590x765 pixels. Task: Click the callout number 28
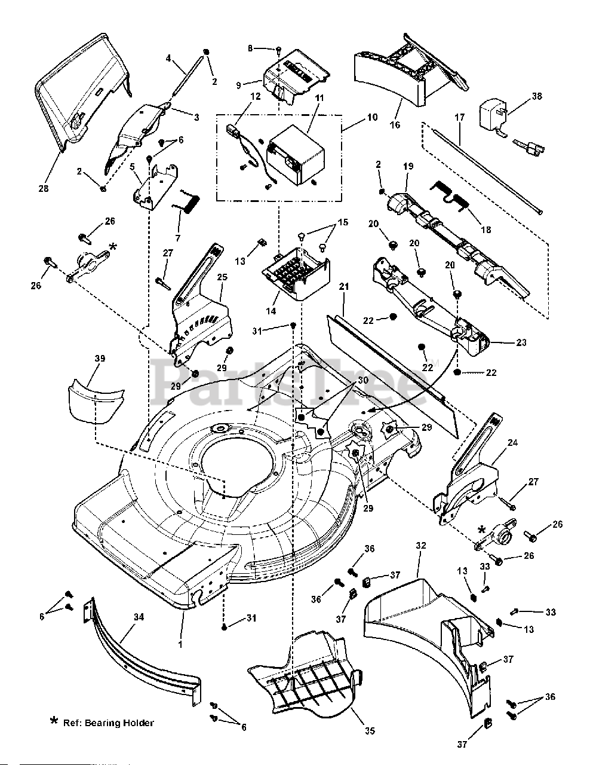click(44, 189)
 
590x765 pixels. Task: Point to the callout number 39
click(100, 359)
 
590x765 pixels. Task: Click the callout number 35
click(353, 730)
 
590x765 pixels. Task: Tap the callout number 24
click(512, 443)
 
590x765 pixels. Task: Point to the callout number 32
click(421, 545)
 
